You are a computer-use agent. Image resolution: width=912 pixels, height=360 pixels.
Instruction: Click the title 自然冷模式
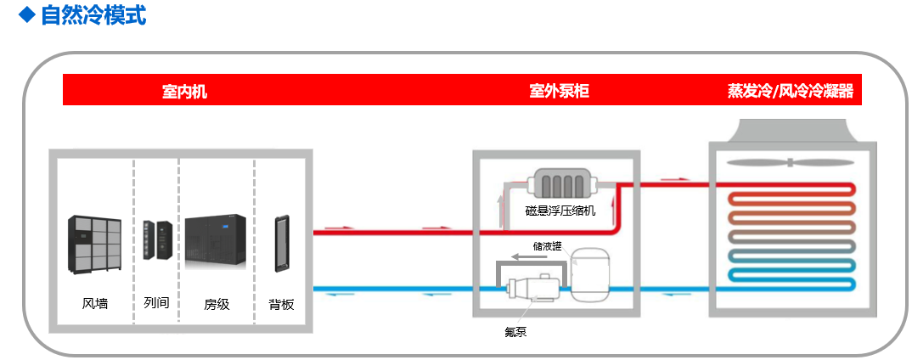click(x=93, y=14)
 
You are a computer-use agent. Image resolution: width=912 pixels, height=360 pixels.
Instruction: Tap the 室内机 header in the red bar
click(x=184, y=91)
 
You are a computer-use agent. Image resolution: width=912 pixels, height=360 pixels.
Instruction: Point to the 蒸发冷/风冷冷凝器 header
click(x=790, y=91)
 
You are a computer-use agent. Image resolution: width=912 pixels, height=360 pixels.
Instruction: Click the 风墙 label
click(x=95, y=303)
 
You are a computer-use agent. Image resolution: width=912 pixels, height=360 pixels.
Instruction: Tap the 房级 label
click(x=217, y=303)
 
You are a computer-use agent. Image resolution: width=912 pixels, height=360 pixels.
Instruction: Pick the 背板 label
click(x=280, y=303)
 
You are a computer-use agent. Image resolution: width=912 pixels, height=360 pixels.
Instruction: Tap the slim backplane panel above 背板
click(x=281, y=244)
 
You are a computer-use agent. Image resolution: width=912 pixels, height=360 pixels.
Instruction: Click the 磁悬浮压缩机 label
click(x=560, y=210)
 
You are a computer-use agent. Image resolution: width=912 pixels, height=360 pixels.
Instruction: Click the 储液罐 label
click(x=547, y=246)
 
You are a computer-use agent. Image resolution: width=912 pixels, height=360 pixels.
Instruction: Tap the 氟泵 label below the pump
click(x=515, y=332)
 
